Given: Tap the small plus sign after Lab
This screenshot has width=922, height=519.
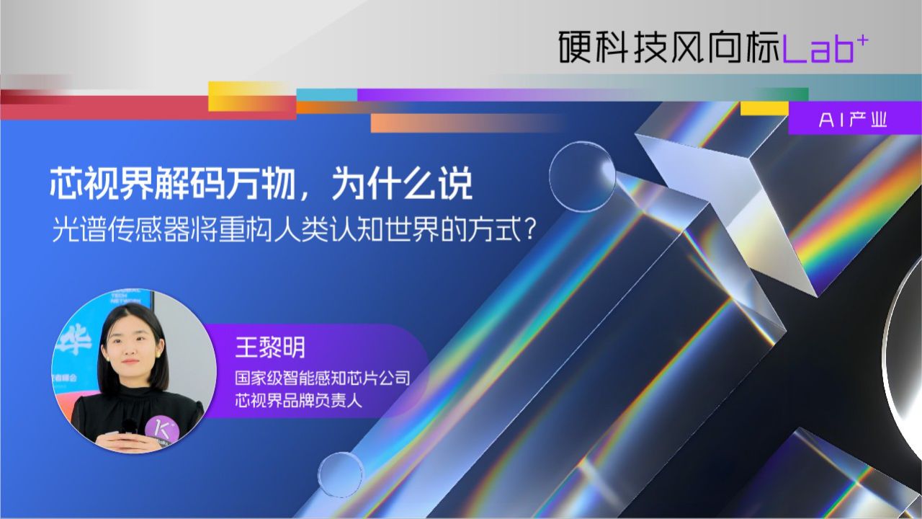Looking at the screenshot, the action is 863,41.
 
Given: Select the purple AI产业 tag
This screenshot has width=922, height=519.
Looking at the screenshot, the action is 853,120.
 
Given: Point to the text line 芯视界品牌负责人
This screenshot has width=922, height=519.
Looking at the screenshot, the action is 298,400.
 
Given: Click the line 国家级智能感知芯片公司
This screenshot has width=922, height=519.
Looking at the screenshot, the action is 322,378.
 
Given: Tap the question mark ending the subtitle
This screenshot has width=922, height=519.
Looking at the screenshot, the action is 530,229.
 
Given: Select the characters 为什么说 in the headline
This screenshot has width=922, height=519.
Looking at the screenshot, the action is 401,184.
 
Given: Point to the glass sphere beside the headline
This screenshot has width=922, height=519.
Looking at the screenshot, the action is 583,174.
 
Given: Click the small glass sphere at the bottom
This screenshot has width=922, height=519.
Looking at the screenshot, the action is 341,474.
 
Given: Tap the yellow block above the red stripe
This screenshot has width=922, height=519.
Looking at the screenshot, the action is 252,96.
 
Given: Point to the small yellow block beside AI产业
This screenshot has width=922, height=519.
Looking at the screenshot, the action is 764,108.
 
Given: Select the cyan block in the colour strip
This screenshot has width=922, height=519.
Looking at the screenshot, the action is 327,94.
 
